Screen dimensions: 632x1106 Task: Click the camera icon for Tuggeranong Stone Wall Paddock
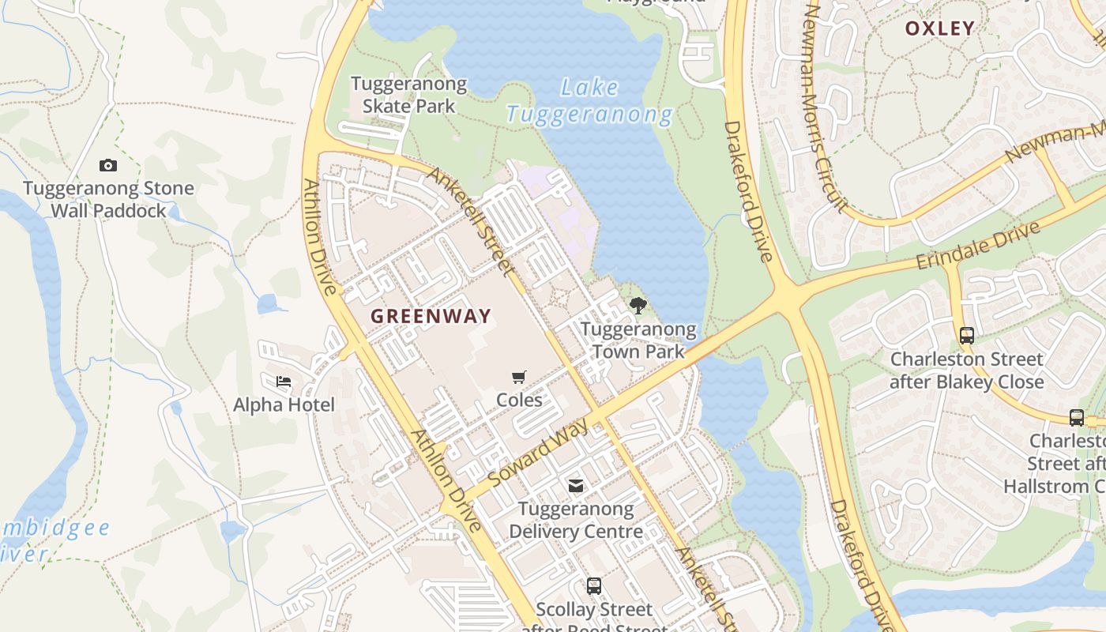108,165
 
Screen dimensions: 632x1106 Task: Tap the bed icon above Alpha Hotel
284,382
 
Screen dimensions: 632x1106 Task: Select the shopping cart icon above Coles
519,377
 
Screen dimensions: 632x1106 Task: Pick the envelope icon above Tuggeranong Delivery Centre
576,485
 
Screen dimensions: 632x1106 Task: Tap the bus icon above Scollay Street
594,586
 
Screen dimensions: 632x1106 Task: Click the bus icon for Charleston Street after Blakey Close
967,335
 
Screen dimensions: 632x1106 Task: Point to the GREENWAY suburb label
431,316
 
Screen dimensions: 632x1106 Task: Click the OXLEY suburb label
940,28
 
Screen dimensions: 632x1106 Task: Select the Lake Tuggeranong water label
589,101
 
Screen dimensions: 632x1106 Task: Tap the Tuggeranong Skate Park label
408,95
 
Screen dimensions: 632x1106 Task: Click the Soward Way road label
539,453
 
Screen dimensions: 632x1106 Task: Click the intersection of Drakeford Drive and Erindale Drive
788,296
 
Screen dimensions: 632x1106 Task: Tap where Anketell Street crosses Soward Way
600,416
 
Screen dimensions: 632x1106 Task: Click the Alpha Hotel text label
284,404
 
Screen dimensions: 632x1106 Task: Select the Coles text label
519,400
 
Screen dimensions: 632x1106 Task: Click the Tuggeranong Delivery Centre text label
576,520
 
